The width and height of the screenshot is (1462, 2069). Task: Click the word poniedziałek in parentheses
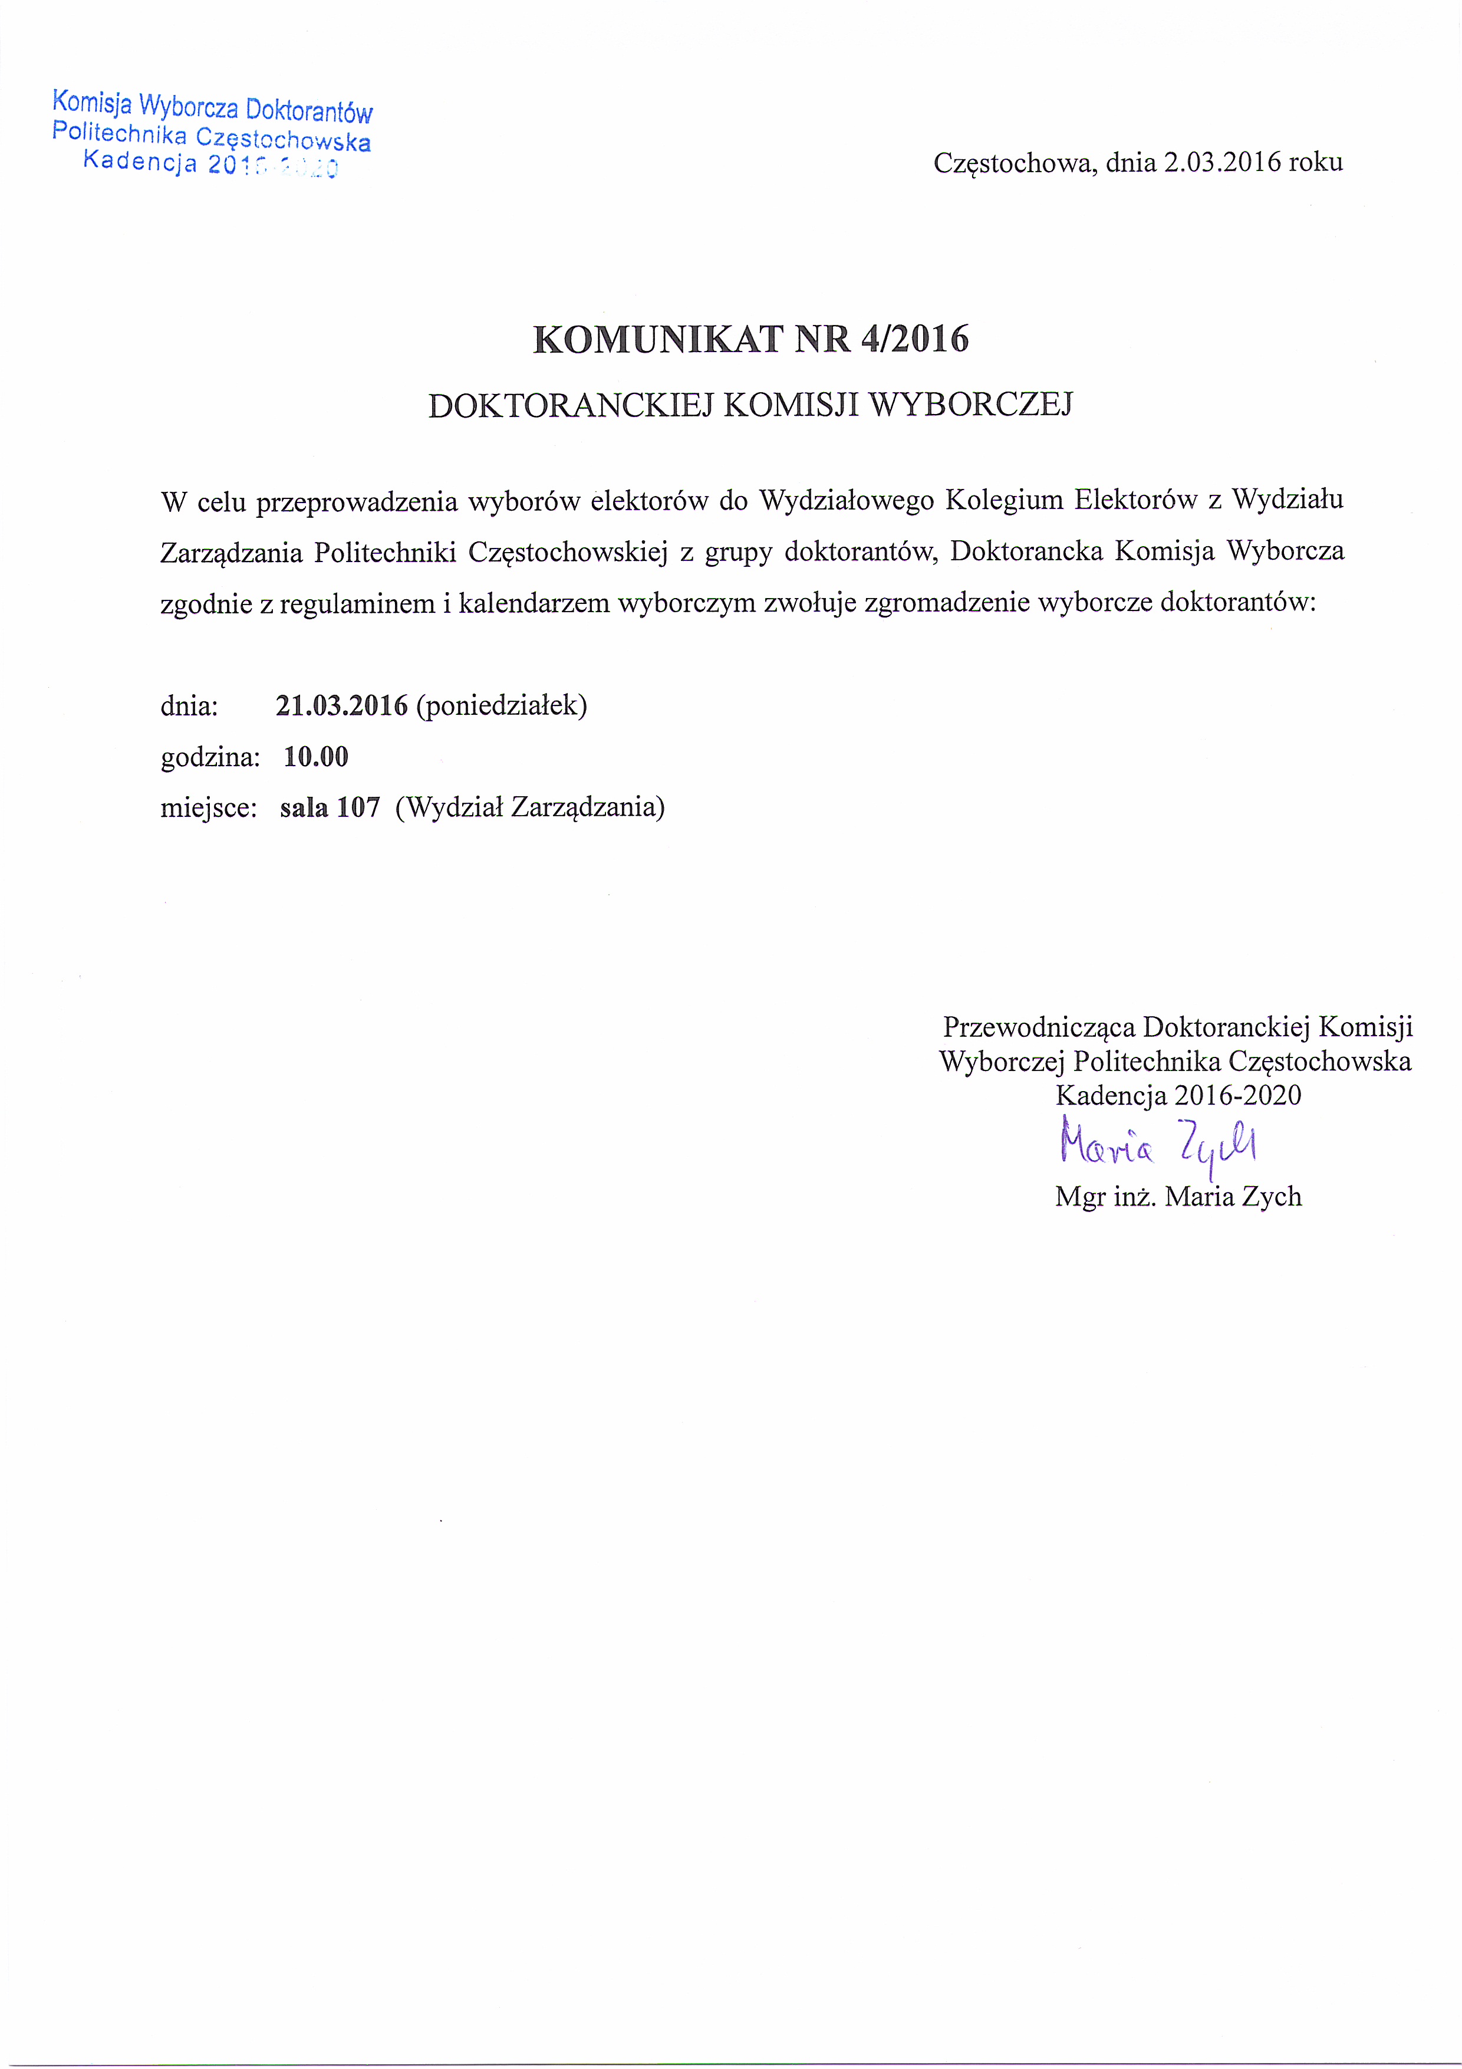click(x=502, y=705)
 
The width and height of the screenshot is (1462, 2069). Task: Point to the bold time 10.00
click(x=315, y=756)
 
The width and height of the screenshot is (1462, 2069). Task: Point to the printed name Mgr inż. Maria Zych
click(x=1178, y=1197)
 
